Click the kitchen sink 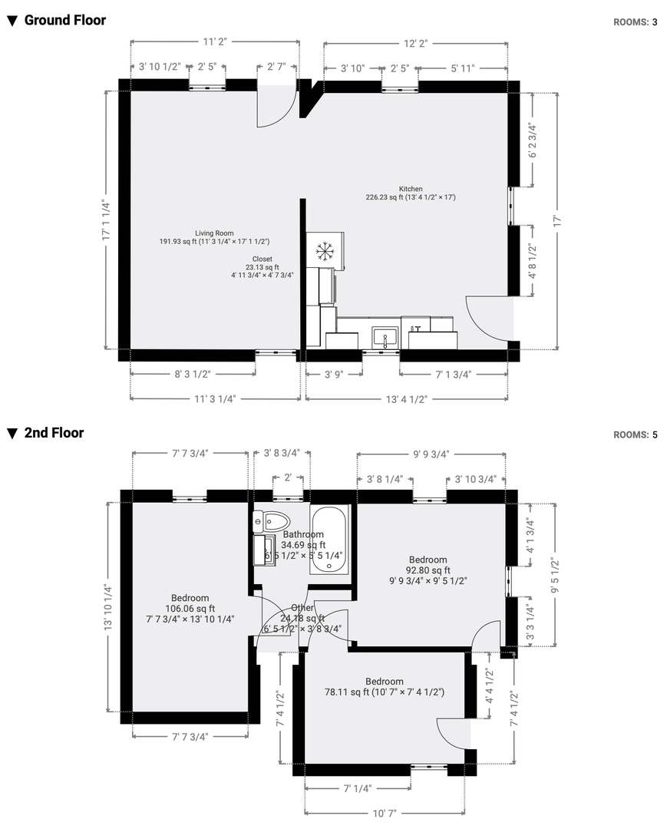[385, 337]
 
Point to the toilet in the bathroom [272, 521]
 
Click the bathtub [329, 540]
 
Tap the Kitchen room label [411, 189]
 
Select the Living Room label [214, 233]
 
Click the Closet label [263, 259]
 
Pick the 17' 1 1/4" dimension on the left [106, 220]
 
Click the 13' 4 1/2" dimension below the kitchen [406, 399]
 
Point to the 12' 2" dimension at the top [415, 43]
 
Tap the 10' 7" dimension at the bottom [385, 813]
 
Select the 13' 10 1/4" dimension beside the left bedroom [108, 607]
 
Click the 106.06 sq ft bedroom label [190, 609]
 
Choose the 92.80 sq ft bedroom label [428, 570]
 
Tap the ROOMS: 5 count [636, 434]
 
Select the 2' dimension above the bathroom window [288, 477]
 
